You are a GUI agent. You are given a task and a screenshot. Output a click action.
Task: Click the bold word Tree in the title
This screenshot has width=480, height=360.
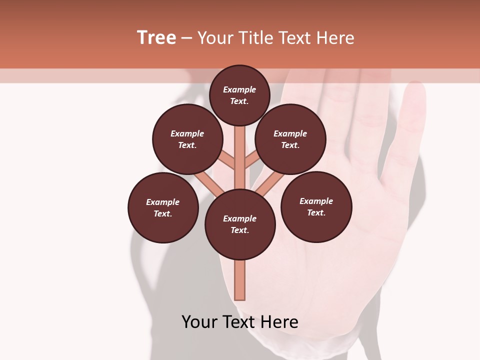point(156,38)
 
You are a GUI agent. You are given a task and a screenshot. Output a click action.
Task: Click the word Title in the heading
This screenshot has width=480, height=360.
point(255,38)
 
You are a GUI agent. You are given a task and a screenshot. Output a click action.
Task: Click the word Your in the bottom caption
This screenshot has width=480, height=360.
point(199,322)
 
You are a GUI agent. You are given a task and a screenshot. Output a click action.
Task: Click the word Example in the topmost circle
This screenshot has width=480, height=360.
point(239,89)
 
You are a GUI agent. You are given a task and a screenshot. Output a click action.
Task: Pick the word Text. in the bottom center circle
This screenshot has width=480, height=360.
point(239,230)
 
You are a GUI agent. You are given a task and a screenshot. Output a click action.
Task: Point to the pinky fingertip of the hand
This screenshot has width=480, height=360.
point(415,92)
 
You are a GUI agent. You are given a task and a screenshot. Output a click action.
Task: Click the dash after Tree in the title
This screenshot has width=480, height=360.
point(186,38)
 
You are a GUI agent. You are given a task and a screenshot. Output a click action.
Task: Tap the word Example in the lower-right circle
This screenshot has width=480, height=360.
point(316,201)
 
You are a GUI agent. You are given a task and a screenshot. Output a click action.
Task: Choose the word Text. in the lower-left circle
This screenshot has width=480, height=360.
point(162,213)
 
